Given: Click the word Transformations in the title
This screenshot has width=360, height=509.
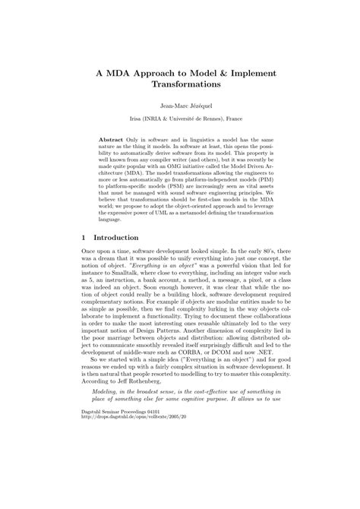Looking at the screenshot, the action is click(x=180, y=85).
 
